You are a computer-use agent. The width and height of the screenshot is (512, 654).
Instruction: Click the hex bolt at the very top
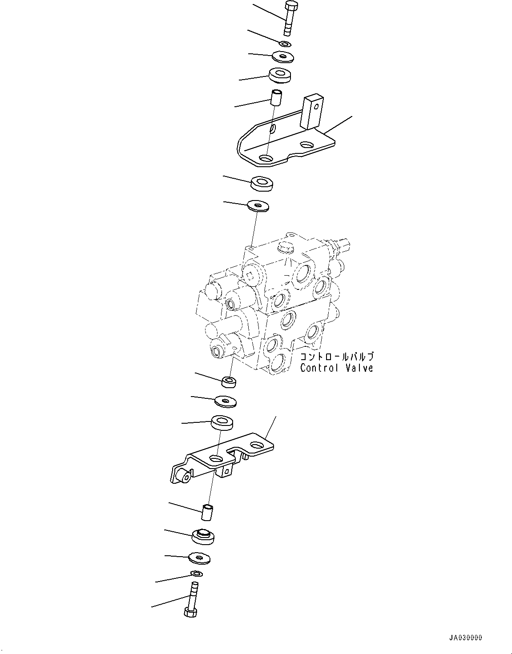pos(289,18)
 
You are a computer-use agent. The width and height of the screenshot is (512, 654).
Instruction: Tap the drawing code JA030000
pos(465,638)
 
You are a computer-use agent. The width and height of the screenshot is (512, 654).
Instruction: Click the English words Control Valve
pos(336,368)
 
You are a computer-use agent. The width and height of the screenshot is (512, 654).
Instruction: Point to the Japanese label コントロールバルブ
pos(336,357)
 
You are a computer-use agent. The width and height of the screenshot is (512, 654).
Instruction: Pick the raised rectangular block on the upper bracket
pos(311,111)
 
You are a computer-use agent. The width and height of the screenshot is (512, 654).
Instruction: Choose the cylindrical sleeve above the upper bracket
pos(277,98)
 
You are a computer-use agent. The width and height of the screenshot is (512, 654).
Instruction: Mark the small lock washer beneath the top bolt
pos(285,44)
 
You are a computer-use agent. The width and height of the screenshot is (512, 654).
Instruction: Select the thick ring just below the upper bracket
pos(262,183)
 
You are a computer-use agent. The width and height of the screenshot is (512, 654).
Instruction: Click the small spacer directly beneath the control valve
pos(229,381)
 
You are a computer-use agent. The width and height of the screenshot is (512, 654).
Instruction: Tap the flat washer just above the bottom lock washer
pos(199,557)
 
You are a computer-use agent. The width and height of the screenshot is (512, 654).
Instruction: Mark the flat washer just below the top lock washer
pos(282,56)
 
